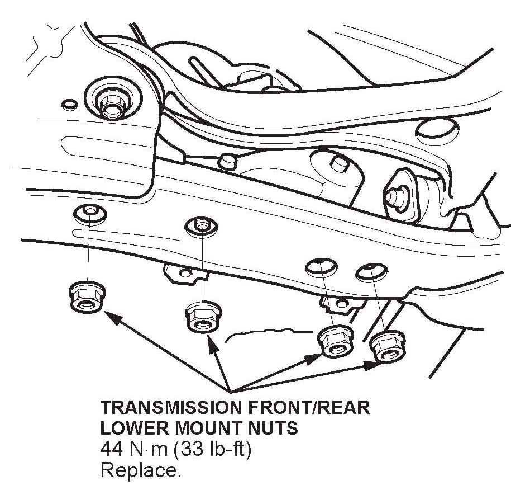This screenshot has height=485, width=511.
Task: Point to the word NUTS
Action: [x=274, y=429]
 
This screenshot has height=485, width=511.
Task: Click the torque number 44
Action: [x=112, y=449]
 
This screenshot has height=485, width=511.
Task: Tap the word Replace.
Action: [x=140, y=470]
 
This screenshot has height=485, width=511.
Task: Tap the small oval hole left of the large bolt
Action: [x=70, y=103]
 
